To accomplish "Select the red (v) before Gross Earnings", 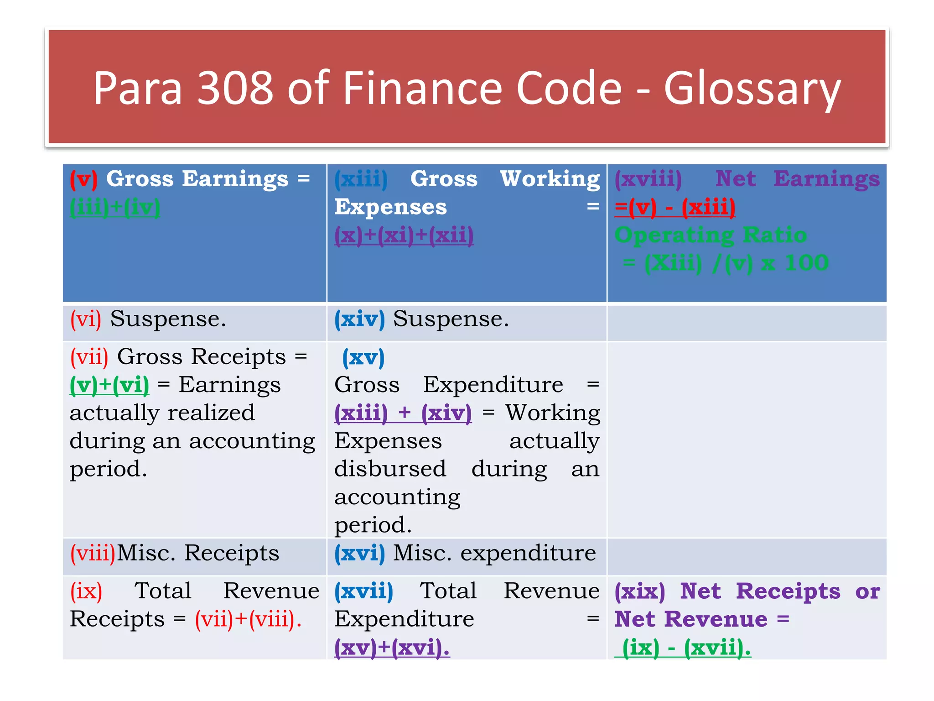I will click(x=83, y=179).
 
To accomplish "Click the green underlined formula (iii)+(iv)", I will click(x=115, y=208).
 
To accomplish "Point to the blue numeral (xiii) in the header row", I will click(x=361, y=179).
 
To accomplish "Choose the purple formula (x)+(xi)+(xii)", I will click(x=404, y=235).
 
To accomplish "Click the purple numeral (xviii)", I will click(x=648, y=179).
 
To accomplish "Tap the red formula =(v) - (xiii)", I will click(x=675, y=208).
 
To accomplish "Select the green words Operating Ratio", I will click(x=711, y=235).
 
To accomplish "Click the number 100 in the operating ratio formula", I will click(x=806, y=263).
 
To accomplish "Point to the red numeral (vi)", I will click(x=86, y=319).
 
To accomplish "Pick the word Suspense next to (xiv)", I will click(x=451, y=319).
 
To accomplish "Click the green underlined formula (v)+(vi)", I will click(x=109, y=385).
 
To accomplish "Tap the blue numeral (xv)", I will click(x=363, y=357).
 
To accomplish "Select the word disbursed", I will click(x=390, y=469).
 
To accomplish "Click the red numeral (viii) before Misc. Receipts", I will click(x=93, y=553).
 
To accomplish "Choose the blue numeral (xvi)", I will click(x=359, y=553).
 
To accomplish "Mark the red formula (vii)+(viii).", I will click(x=248, y=619).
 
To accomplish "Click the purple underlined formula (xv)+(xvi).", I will click(x=392, y=648).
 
